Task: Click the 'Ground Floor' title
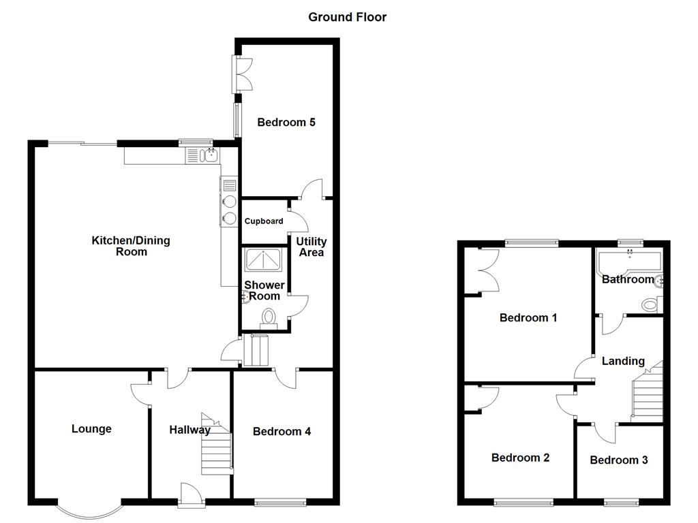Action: (x=347, y=17)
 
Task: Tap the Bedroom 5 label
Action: (x=286, y=122)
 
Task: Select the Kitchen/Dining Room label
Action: (x=131, y=246)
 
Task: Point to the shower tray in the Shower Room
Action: (x=262, y=259)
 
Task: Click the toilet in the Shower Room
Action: (x=269, y=320)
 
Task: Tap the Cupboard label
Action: (x=264, y=221)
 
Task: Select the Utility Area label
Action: (x=311, y=247)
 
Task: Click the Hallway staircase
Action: (x=217, y=444)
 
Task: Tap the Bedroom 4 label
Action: (x=282, y=431)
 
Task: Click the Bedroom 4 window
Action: (x=280, y=502)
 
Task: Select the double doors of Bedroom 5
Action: (x=242, y=74)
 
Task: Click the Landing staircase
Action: (x=648, y=392)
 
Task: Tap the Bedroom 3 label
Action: (x=619, y=460)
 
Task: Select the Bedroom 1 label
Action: (x=528, y=317)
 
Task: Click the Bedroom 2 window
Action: (x=523, y=502)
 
